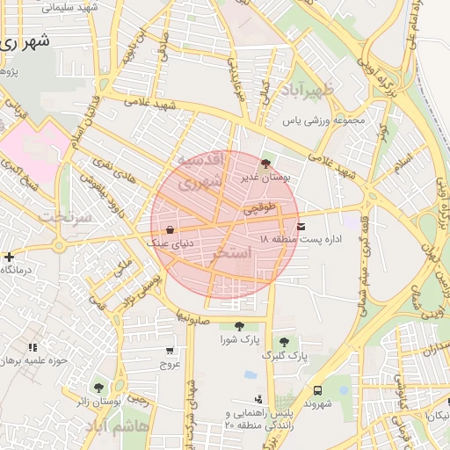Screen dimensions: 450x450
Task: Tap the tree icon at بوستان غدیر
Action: [x=266, y=163]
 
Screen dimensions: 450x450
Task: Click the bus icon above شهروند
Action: [x=316, y=390]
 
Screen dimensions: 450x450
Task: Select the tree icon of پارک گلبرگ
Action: [x=283, y=343]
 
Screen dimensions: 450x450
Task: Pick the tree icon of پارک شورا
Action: [x=239, y=327]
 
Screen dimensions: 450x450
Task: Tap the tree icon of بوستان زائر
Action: [x=98, y=387]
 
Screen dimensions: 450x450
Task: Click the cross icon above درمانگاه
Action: [x=9, y=258]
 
